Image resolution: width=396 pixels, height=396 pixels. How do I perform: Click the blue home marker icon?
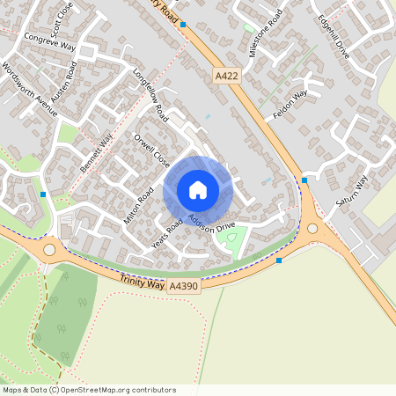[x=198, y=190]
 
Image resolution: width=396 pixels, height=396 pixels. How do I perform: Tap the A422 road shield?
[x=226, y=78]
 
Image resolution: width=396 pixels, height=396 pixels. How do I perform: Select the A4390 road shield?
[x=185, y=288]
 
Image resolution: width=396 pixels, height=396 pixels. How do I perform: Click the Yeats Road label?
[x=167, y=233]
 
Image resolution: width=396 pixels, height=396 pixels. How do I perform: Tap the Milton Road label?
[x=139, y=205]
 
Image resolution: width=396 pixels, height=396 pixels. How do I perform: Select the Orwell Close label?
[x=151, y=150]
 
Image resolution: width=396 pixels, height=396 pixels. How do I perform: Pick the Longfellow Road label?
[x=150, y=96]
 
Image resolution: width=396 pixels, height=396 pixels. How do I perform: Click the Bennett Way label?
[x=97, y=151]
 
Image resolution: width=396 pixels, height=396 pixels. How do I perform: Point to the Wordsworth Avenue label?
[x=30, y=88]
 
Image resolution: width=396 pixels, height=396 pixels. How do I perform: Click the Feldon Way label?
[x=290, y=105]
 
